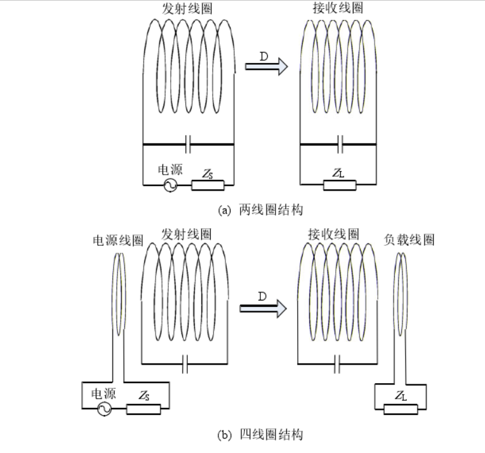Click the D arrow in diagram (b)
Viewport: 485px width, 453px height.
[x=263, y=308]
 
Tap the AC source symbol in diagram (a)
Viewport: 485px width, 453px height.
[x=170, y=185]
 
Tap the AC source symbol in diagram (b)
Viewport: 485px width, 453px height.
[x=103, y=410]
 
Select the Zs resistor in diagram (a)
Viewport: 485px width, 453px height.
[x=208, y=185]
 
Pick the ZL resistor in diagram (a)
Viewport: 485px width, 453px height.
[x=340, y=185]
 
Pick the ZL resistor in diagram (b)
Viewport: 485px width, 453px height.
[x=401, y=409]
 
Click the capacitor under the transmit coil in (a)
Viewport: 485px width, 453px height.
[x=189, y=144]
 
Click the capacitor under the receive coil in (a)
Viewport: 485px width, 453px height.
[x=340, y=144]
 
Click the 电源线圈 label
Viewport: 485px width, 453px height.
[x=118, y=240]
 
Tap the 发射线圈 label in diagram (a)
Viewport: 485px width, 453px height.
[x=189, y=8]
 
